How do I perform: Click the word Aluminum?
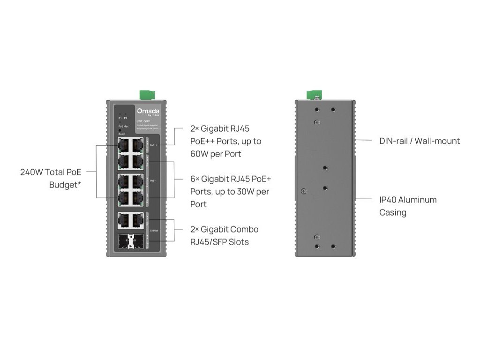click(x=417, y=200)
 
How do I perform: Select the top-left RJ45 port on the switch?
click(x=124, y=144)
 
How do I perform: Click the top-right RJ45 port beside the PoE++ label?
click(x=137, y=144)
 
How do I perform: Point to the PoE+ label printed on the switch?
click(x=153, y=180)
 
